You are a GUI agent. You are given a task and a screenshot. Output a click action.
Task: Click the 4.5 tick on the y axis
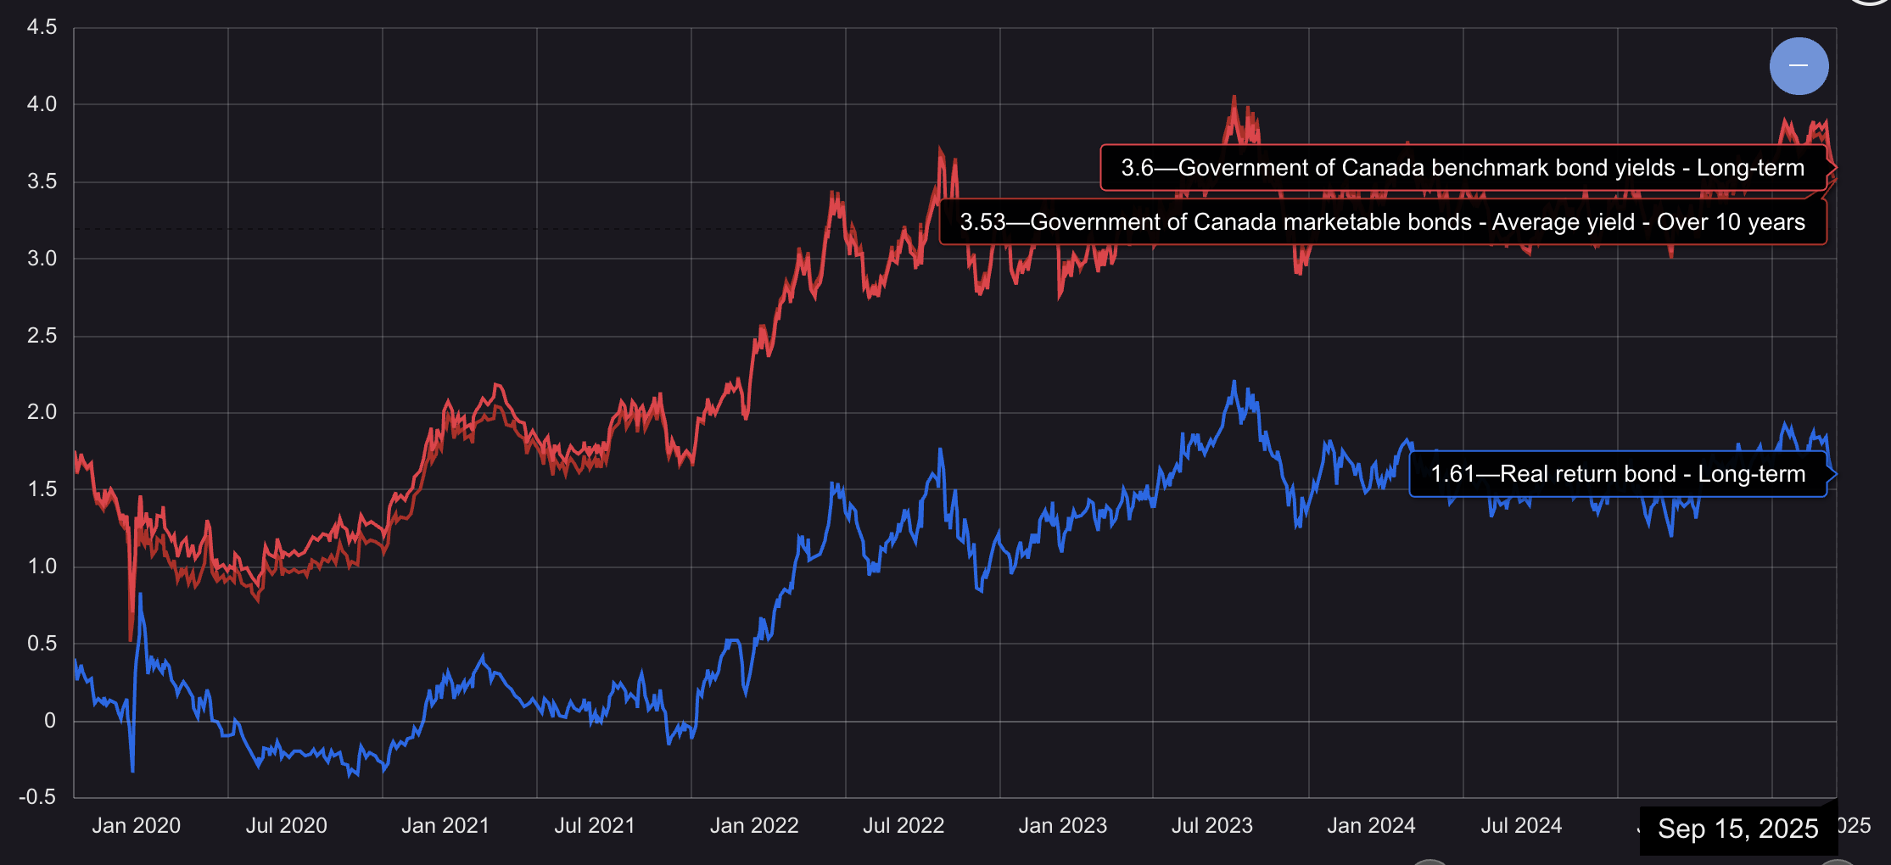(42, 27)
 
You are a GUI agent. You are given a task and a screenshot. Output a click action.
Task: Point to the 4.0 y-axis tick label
(42, 104)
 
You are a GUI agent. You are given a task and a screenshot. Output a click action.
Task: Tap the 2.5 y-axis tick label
(42, 336)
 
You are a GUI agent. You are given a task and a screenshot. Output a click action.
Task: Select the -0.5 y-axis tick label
(38, 797)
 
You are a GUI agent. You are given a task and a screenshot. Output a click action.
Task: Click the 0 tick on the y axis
(50, 721)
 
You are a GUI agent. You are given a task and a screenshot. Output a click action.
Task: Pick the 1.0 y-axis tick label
(42, 566)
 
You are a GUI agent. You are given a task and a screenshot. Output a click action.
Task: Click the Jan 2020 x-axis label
(136, 826)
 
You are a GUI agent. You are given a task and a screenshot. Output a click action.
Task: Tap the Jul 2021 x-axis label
(595, 826)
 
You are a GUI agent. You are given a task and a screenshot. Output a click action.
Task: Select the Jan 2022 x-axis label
(754, 826)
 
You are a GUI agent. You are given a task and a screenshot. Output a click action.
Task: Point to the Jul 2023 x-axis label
(1211, 826)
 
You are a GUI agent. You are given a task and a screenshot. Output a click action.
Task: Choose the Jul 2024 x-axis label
(1521, 826)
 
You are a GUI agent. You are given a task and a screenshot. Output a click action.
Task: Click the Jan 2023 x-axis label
(1062, 826)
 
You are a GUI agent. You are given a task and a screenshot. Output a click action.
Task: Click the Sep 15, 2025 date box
(1737, 829)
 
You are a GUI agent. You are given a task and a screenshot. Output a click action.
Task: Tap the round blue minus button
(1799, 66)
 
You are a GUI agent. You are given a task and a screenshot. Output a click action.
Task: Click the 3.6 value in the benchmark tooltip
(1137, 168)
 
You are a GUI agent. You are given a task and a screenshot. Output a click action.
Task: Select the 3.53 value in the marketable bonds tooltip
(982, 222)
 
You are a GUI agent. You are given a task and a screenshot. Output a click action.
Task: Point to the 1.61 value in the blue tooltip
(1452, 474)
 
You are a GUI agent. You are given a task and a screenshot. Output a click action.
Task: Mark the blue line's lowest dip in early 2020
(133, 771)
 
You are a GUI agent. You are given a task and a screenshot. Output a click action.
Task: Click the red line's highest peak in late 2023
(1234, 97)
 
